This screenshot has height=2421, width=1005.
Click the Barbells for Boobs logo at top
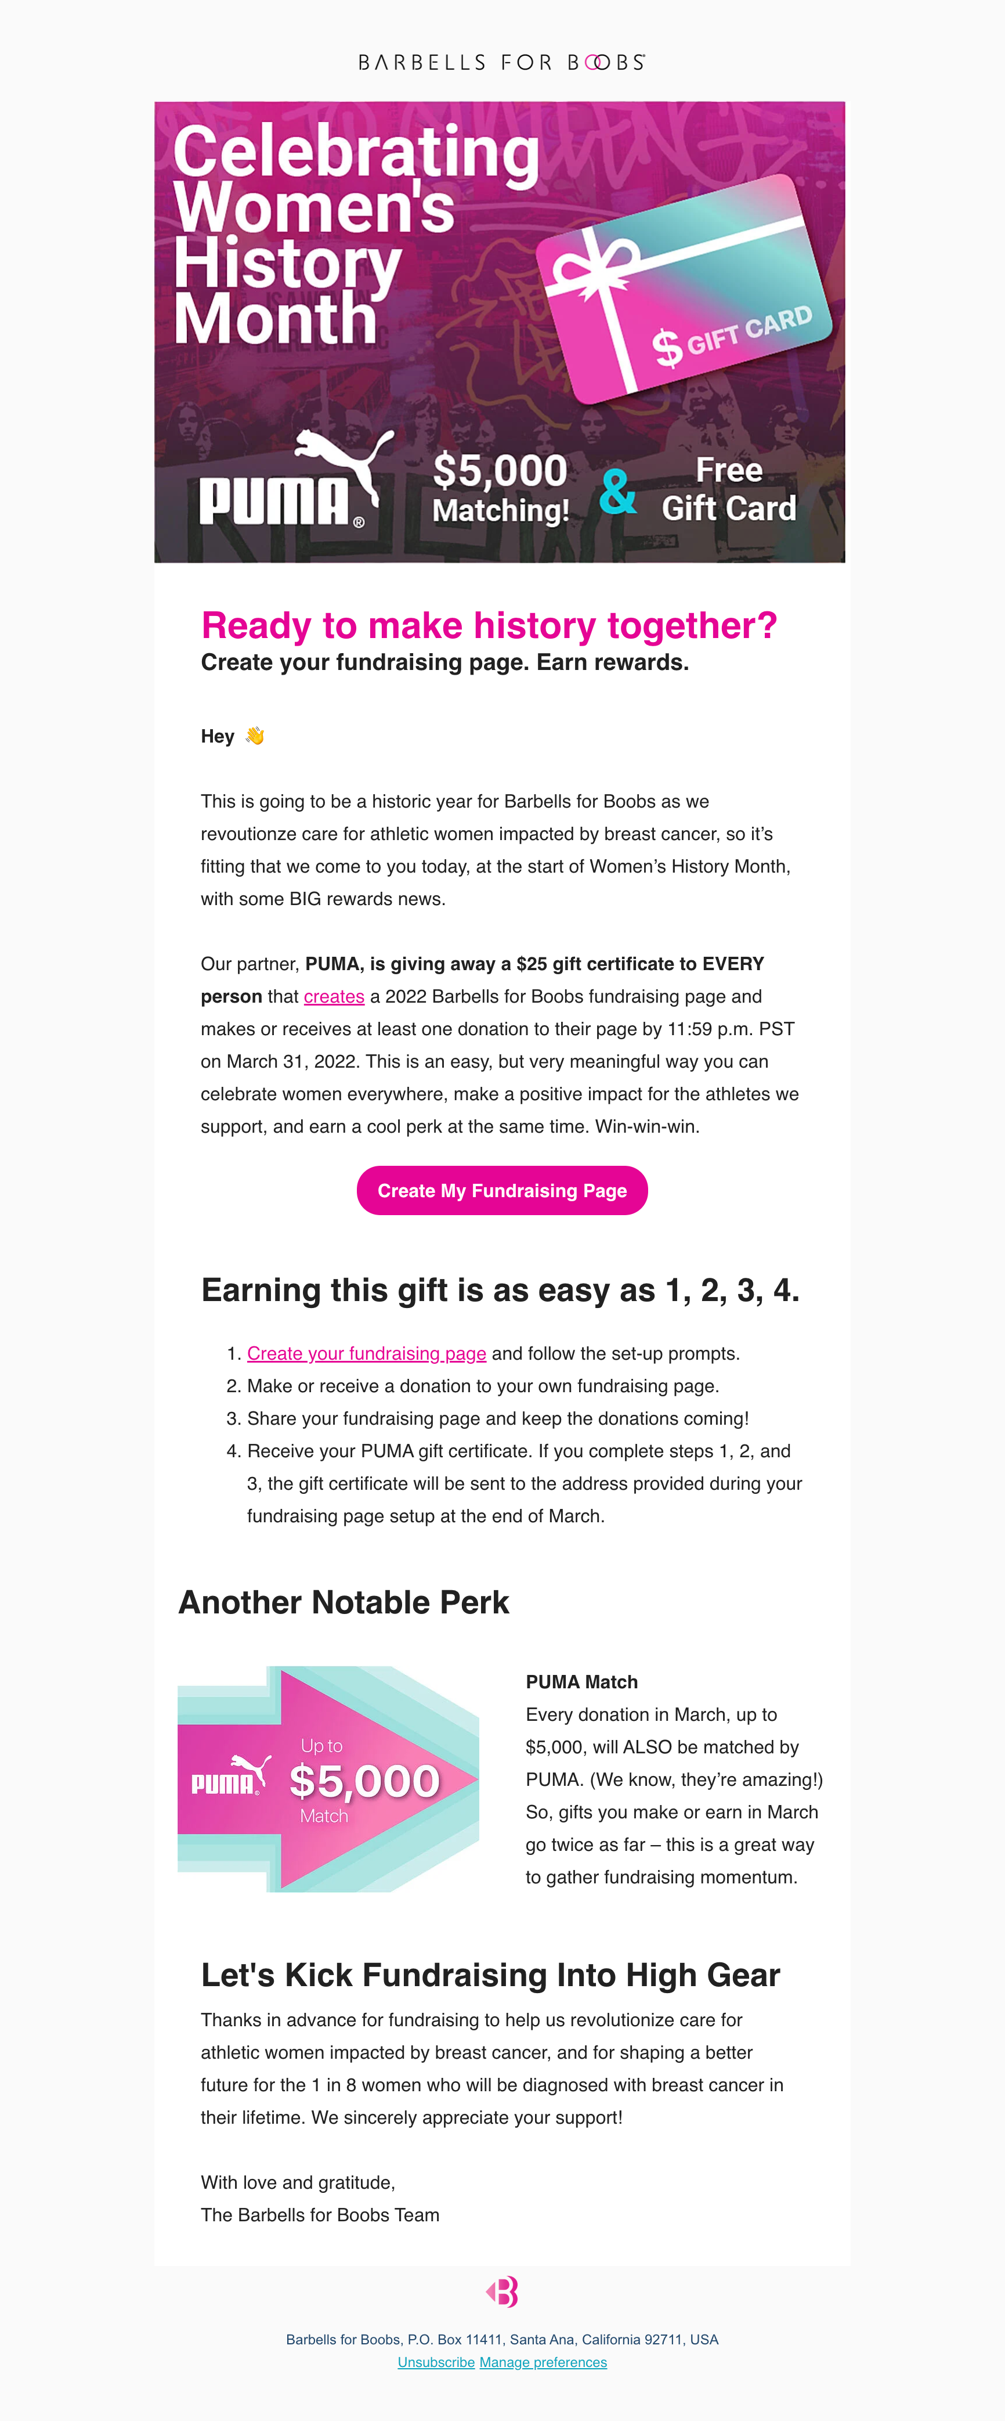[x=501, y=62]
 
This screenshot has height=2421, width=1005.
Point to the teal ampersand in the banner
[x=618, y=492]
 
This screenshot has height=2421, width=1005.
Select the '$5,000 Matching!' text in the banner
[x=501, y=488]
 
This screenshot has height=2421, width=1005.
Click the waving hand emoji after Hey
[x=255, y=736]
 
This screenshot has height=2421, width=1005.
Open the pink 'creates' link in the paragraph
[x=334, y=996]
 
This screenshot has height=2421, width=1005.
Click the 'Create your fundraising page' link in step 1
[x=366, y=1353]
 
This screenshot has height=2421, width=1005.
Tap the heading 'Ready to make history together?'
[x=489, y=626]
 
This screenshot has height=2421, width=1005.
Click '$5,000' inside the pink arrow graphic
[x=364, y=1781]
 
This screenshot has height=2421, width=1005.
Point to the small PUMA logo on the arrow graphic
[x=231, y=1777]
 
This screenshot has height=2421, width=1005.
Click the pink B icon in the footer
[x=502, y=2292]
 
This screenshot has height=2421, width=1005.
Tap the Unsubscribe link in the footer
[x=436, y=2362]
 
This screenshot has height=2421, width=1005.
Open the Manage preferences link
[x=543, y=2362]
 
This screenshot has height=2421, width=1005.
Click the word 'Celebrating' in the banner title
[x=357, y=152]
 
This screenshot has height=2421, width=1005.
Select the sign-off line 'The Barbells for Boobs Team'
[x=319, y=2215]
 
